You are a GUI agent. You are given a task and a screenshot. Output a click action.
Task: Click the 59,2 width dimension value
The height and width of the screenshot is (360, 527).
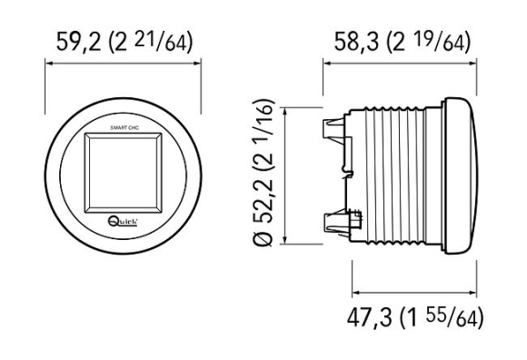78,42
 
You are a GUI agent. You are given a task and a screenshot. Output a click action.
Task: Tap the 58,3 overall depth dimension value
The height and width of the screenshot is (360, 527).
356,42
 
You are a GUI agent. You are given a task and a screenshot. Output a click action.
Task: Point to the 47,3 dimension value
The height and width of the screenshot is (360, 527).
369,317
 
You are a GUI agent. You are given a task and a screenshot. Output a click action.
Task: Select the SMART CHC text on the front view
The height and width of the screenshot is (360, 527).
124,128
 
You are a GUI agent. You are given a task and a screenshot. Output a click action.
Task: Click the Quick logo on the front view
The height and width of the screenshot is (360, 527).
123,222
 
